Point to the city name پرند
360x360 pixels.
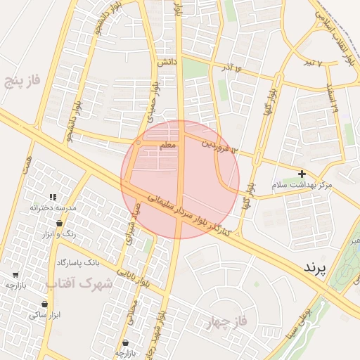point(316,268)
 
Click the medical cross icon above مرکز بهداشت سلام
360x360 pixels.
point(302,174)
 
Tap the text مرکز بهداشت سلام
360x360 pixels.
point(304,185)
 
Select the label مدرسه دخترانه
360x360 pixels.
point(53,208)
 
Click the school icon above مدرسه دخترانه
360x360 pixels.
point(53,198)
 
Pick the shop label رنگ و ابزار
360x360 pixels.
point(70,233)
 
